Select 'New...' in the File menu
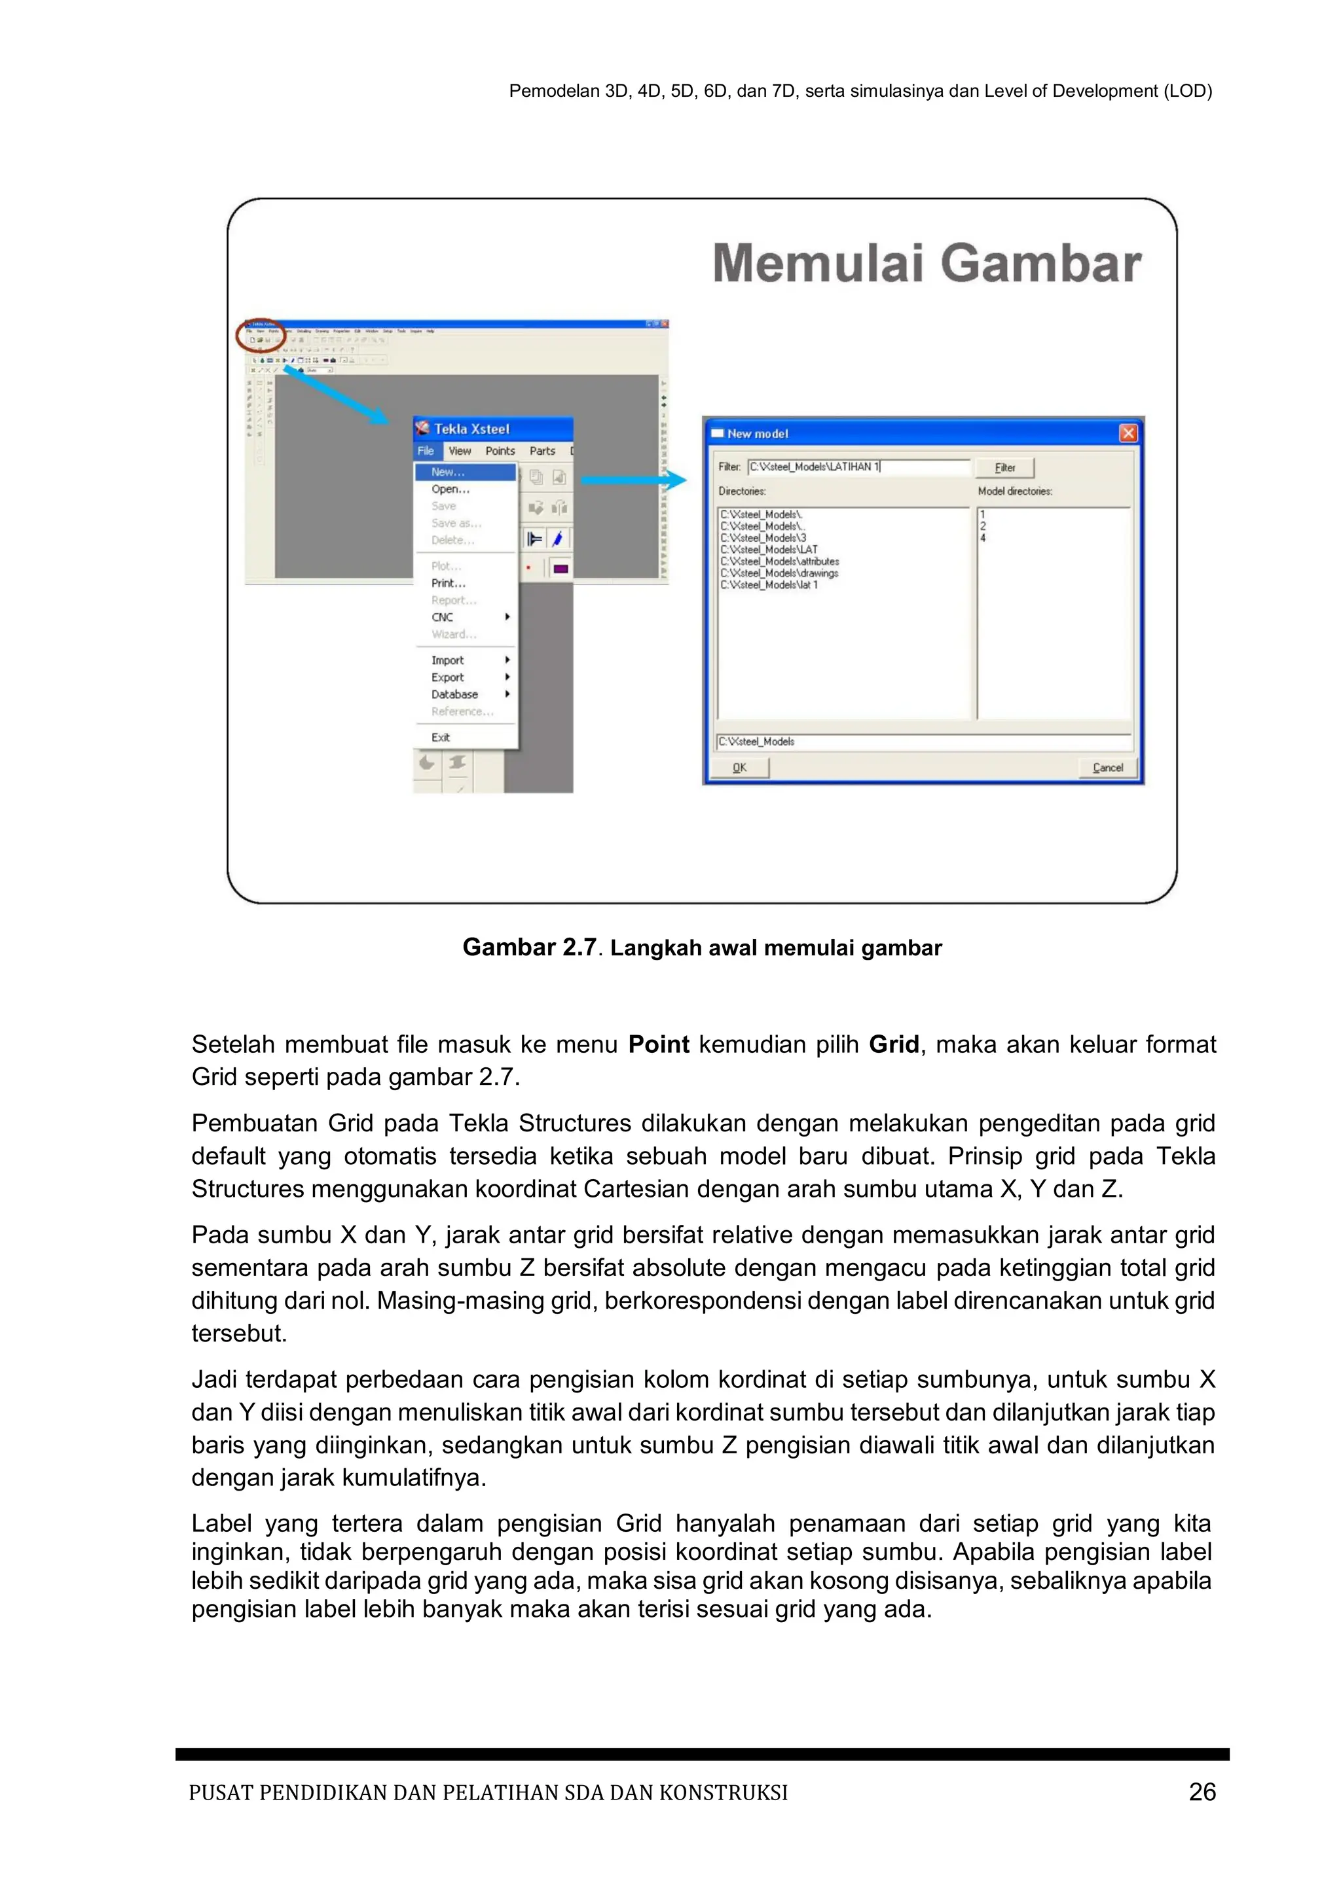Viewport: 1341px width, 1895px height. click(449, 472)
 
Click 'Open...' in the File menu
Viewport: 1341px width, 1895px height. click(450, 489)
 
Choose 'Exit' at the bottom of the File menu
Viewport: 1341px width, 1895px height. click(440, 737)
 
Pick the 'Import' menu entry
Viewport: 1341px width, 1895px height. click(448, 660)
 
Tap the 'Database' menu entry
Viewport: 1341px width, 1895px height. click(454, 694)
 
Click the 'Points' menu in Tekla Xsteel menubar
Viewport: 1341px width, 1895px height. click(500, 451)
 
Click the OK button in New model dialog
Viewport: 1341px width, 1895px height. click(740, 767)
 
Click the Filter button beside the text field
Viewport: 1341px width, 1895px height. click(1004, 467)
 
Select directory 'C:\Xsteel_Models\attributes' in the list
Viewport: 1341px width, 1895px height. click(779, 561)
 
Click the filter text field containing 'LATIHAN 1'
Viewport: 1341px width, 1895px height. click(859, 467)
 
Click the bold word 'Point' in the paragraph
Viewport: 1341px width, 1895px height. click(658, 1044)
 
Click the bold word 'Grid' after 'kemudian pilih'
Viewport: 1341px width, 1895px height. click(893, 1044)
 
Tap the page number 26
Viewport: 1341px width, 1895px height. click(1202, 1792)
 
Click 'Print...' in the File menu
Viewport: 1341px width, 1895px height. click(448, 582)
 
